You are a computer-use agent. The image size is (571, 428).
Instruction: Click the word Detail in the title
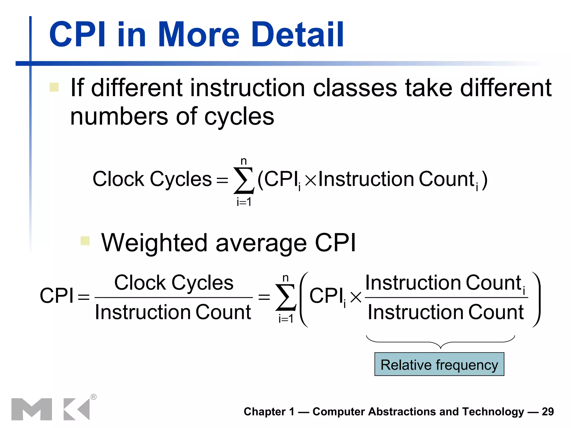[297, 35]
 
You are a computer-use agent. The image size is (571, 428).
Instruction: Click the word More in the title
[199, 35]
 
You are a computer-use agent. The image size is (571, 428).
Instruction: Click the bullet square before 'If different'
[54, 87]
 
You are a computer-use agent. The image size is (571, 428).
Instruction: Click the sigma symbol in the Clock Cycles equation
[244, 180]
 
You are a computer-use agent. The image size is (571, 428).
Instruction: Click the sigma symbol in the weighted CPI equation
[285, 297]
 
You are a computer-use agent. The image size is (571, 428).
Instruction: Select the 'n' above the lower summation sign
[285, 278]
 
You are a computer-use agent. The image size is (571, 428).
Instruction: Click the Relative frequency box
[439, 364]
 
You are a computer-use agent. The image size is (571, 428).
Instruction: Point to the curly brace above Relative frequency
[440, 342]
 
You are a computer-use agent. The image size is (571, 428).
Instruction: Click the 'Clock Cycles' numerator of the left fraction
[174, 283]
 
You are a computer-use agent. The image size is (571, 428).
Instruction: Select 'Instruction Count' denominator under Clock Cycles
[173, 312]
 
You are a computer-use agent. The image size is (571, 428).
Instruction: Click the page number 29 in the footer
[548, 412]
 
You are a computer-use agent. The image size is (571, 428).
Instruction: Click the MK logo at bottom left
[50, 409]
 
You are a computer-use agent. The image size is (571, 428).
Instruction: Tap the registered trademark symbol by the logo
[94, 397]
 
